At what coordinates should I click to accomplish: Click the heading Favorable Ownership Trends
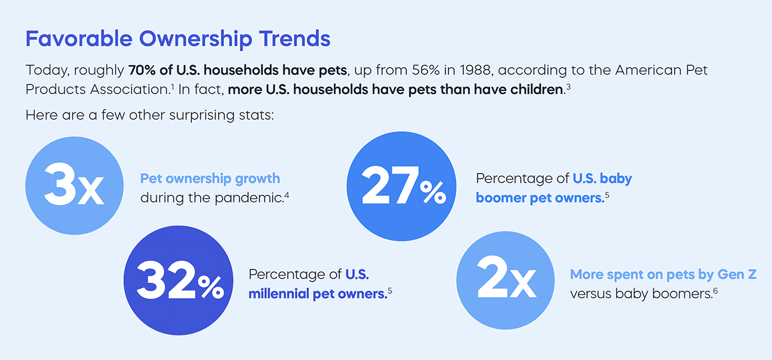(x=178, y=39)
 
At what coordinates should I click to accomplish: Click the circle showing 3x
(x=74, y=186)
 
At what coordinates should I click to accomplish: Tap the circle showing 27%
(x=401, y=186)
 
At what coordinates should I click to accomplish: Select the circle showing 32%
(x=179, y=281)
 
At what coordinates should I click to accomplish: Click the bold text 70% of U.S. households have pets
(x=238, y=71)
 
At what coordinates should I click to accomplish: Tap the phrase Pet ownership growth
(x=210, y=179)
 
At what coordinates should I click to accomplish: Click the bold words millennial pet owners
(x=317, y=293)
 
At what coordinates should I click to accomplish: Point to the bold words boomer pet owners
(x=539, y=198)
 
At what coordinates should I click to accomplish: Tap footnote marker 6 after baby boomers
(x=715, y=290)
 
